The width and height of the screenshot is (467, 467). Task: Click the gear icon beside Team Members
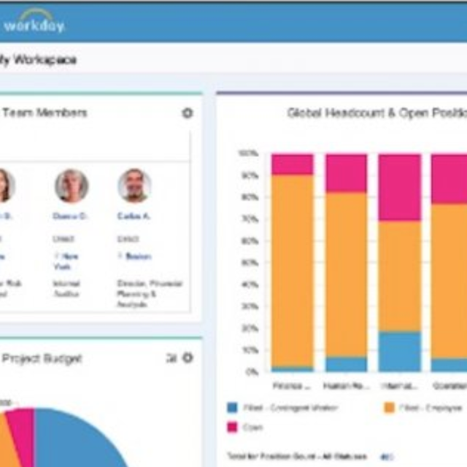(x=188, y=113)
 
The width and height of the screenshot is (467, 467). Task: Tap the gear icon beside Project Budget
(x=188, y=358)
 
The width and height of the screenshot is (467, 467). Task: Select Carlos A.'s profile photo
(x=134, y=185)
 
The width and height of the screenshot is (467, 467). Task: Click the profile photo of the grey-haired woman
(x=72, y=185)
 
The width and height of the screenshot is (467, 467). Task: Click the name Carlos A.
(x=129, y=216)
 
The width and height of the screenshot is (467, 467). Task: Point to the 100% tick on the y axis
(x=248, y=153)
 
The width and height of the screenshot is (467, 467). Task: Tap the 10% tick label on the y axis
(x=250, y=350)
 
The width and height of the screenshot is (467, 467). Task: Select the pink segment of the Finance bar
(x=293, y=164)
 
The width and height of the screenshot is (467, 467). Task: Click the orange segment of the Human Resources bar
(x=346, y=274)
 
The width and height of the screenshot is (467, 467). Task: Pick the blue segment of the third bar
(x=399, y=351)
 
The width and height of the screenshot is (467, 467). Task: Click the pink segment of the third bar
(x=399, y=187)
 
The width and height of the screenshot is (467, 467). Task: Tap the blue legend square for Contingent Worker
(x=233, y=407)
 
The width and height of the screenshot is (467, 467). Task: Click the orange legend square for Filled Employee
(x=389, y=407)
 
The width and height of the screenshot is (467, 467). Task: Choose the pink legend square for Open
(x=233, y=427)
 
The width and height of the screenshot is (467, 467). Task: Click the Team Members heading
(x=45, y=112)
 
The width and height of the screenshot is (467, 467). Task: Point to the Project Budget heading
(x=42, y=358)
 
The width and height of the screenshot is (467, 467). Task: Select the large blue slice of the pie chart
(x=73, y=441)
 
